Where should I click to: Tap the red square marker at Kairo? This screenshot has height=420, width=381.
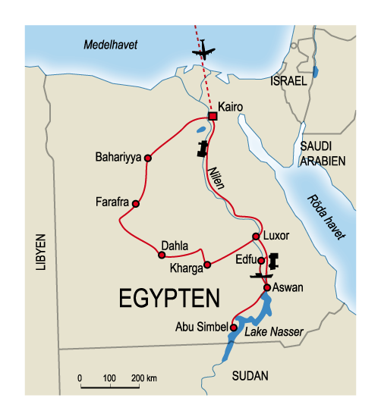coord(213,116)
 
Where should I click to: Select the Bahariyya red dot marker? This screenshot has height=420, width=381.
coord(148,158)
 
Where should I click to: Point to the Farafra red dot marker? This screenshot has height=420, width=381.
coord(135,203)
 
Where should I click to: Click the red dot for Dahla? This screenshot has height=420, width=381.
coord(161,255)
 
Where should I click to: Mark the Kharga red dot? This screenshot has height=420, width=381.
coord(206,265)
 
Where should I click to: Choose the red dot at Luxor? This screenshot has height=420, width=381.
coord(256,237)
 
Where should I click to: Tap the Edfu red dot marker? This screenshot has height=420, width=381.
coord(261,261)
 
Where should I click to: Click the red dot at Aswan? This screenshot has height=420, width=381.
coord(267,287)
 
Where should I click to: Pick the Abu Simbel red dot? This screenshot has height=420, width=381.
coord(233,328)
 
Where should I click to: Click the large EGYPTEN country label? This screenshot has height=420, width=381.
coord(169,298)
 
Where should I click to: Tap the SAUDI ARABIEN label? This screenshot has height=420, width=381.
coord(322,152)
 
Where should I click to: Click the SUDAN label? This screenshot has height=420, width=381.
coord(250,376)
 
